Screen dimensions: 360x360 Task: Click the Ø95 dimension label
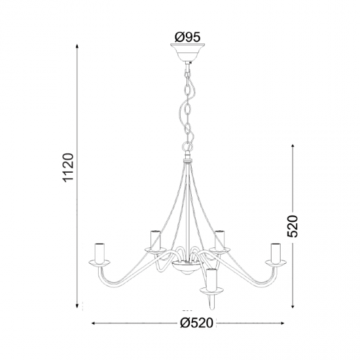click(187, 37)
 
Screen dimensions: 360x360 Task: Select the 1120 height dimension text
click(69, 168)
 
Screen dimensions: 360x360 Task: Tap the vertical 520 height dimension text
click(293, 226)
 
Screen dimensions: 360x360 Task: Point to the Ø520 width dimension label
click(197, 323)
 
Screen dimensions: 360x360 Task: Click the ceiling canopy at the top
click(188, 52)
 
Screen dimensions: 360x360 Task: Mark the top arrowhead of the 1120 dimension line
click(78, 46)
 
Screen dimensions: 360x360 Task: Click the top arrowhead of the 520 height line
click(293, 147)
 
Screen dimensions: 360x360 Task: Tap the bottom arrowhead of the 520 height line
click(293, 306)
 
